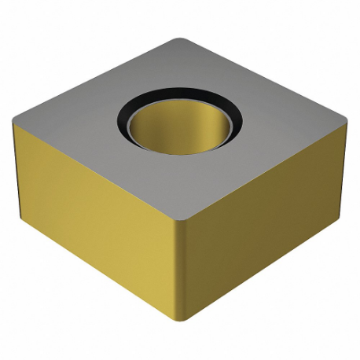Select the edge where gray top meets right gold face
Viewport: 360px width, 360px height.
coord(267,160)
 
